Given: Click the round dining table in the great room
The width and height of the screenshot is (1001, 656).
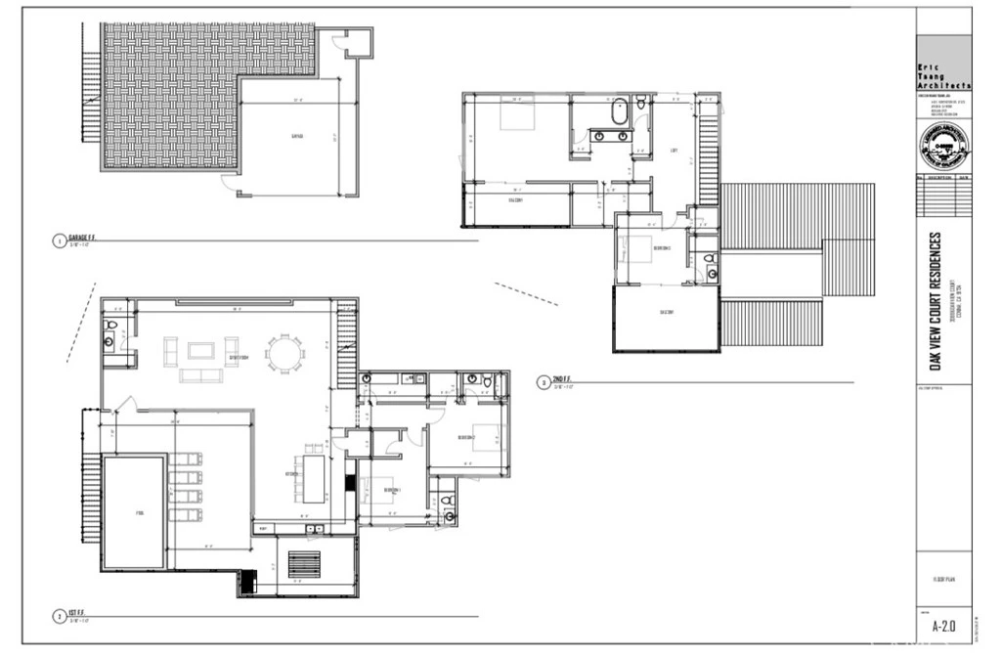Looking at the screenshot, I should [284, 355].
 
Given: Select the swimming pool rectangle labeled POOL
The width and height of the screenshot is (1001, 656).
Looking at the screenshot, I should [134, 512].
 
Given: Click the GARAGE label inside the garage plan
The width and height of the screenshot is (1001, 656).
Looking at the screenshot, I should [296, 137].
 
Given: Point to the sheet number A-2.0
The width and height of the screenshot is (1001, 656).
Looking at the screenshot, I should [943, 625].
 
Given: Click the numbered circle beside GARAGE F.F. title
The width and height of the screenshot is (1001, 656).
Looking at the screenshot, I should [59, 241].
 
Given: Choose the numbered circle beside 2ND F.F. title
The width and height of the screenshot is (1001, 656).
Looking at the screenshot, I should [544, 383].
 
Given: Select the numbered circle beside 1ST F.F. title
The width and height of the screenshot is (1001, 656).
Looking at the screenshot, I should [59, 617].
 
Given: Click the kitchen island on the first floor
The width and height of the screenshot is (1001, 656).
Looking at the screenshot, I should [313, 474].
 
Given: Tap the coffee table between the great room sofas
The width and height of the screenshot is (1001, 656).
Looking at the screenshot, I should [200, 350].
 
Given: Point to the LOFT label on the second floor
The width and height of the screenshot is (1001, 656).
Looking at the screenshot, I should [674, 151].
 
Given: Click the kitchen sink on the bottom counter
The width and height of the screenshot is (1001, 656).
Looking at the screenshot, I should [313, 529].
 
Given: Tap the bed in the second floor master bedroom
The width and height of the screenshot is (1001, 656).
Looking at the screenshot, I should [517, 116].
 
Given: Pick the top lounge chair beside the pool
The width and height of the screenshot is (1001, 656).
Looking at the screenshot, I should [186, 459].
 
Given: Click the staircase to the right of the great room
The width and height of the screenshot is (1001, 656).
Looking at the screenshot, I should [346, 345].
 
